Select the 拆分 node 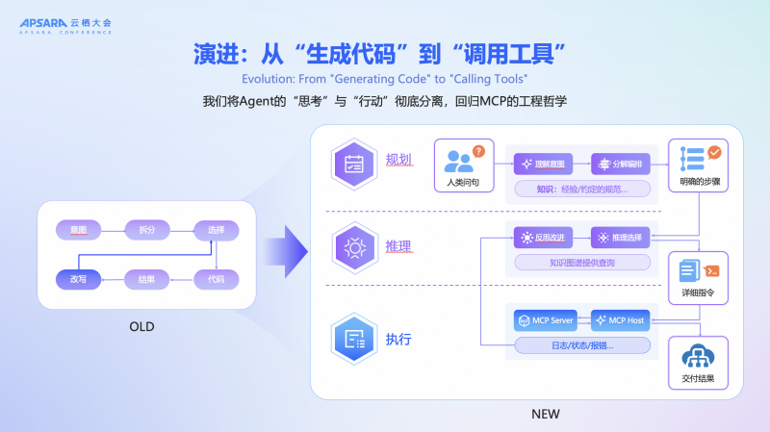(146, 230)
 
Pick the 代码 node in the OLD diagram (216, 279)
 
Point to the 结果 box (146, 279)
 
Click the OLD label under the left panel (141, 327)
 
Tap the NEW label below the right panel (545, 414)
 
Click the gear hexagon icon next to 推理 (353, 247)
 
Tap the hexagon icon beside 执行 (353, 339)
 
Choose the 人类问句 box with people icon (463, 164)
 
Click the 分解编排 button (621, 163)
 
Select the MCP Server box (546, 319)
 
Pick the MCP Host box (621, 319)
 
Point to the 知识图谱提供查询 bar (582, 262)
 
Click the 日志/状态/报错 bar (582, 344)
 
